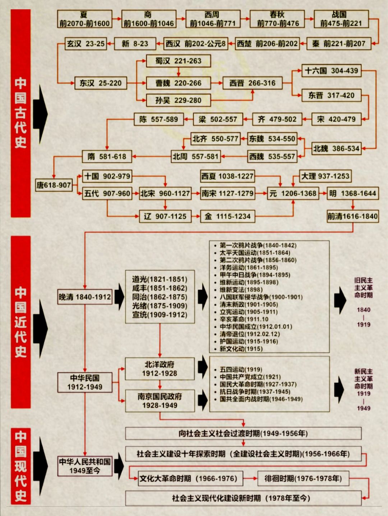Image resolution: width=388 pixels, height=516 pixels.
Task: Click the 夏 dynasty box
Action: click(84, 19)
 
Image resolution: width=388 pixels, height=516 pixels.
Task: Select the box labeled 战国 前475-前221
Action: click(341, 19)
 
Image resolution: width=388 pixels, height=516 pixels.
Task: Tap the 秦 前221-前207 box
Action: click(338, 44)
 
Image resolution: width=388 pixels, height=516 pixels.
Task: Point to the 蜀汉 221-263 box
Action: click(178, 61)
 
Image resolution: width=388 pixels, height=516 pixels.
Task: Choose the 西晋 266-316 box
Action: click(252, 83)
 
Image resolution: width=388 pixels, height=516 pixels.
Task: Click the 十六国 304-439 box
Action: click(331, 71)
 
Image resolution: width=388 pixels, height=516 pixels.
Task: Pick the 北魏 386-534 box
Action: click(336, 148)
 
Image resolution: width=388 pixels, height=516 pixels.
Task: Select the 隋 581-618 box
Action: click(107, 156)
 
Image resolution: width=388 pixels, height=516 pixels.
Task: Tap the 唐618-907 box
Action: click(54, 185)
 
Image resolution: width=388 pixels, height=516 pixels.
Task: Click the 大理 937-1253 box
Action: click(325, 176)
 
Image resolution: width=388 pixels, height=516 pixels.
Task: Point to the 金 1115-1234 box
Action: click(227, 216)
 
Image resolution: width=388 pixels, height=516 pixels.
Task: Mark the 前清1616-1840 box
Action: click(352, 216)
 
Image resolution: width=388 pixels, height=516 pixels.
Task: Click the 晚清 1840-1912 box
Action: click(85, 297)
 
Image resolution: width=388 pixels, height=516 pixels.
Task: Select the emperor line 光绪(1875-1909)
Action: click(160, 306)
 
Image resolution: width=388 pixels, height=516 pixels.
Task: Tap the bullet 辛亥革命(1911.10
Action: click(244, 319)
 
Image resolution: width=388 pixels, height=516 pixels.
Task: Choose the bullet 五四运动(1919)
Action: click(241, 370)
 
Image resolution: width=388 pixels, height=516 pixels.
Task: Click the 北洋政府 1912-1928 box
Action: click(160, 369)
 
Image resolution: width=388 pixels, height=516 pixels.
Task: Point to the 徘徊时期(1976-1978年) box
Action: click(303, 478)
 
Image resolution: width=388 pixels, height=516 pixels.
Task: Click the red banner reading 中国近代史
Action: click(20, 322)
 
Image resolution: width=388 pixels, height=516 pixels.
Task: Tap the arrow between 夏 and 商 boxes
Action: click(117, 19)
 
